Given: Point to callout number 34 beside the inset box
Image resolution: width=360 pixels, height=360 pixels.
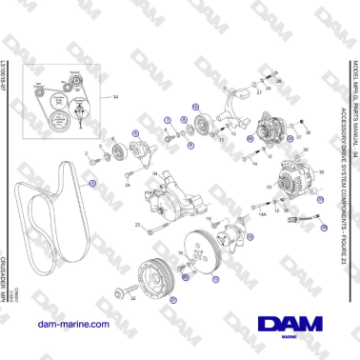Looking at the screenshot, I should (x=116, y=98).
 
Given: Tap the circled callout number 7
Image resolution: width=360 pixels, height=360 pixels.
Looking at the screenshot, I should (x=167, y=120).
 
